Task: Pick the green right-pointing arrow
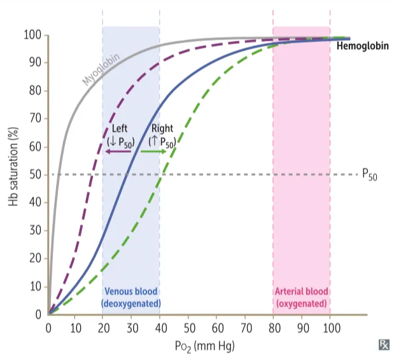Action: (153, 153)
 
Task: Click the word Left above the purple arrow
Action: (120, 129)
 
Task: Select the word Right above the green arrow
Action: (162, 129)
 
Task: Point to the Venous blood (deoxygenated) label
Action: (132, 298)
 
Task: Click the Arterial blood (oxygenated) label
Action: (301, 298)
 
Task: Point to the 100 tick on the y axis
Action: (34, 34)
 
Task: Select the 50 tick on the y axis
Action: (36, 174)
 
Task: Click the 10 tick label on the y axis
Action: (36, 286)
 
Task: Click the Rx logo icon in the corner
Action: (384, 345)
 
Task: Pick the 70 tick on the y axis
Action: (36, 118)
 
